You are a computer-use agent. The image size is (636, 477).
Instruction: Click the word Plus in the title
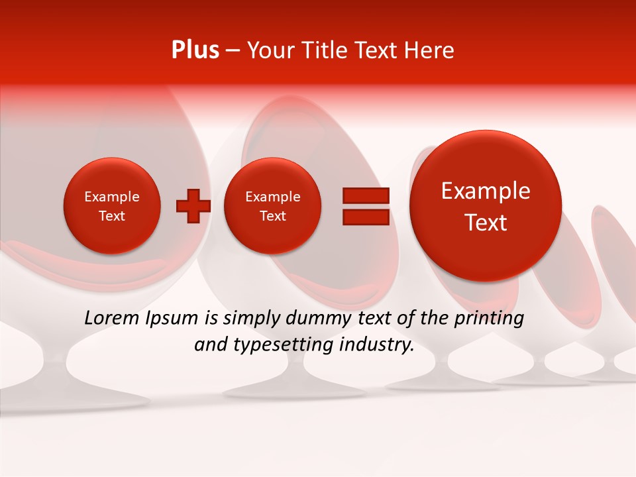195,50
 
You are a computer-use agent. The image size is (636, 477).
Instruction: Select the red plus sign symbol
193,205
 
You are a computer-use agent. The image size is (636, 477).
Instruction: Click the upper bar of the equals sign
366,195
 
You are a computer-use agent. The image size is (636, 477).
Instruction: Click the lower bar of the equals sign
366,217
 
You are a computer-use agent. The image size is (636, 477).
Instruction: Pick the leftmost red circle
112,205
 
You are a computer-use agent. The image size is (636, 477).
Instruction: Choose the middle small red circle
273,205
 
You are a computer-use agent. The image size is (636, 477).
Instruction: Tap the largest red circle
486,206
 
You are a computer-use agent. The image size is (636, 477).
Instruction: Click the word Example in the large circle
486,191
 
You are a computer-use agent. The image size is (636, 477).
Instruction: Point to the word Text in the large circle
486,223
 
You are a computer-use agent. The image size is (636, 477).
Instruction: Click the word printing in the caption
488,319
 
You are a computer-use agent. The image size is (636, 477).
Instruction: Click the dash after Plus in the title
233,50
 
